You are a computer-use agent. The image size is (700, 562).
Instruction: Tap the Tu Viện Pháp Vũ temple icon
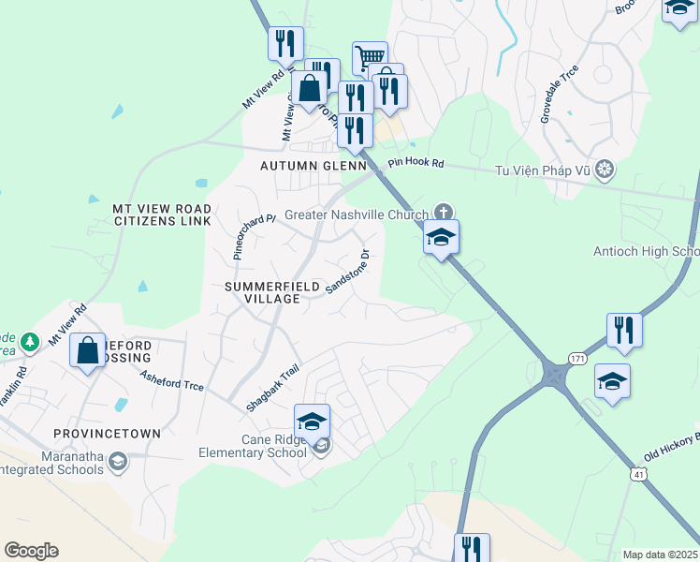pos(606,170)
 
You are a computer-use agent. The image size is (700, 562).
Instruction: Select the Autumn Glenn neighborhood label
pos(314,166)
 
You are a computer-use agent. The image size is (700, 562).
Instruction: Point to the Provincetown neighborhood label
pos(107,435)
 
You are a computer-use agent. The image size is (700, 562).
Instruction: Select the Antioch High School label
pos(647,252)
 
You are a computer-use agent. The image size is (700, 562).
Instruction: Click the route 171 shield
pos(576,360)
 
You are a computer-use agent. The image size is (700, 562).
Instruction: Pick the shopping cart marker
pos(371,58)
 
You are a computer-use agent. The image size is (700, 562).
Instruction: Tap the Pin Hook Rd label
pos(416,163)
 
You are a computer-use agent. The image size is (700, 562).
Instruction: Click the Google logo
pos(31,551)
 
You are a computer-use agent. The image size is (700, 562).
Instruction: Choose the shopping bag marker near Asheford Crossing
pos(88,351)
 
